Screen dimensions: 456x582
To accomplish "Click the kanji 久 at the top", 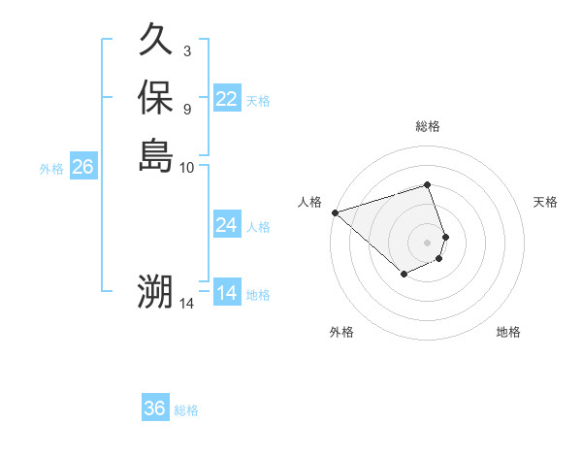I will click(x=156, y=40).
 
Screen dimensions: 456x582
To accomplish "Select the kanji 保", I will click(x=156, y=97).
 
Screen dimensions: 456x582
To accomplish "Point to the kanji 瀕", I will click(x=155, y=291).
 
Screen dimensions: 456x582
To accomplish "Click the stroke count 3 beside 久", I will click(x=186, y=51).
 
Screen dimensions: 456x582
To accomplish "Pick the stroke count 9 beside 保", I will click(x=186, y=109).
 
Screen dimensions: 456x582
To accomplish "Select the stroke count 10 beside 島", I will click(x=187, y=167).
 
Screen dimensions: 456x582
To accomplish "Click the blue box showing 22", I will click(x=227, y=99).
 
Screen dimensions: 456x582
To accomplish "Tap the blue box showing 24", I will click(x=227, y=225).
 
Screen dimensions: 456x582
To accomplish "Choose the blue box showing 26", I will click(x=83, y=167).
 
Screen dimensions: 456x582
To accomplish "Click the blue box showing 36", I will click(x=155, y=408).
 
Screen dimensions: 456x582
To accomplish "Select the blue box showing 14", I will click(x=227, y=293).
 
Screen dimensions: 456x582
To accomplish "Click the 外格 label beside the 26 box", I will click(x=51, y=169).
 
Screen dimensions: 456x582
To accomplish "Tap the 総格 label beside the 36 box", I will click(x=186, y=410).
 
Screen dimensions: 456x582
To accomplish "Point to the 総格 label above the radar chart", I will click(x=428, y=126).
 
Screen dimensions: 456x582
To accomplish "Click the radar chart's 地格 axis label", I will click(x=508, y=332).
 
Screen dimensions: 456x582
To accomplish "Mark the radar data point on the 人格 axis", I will click(x=335, y=212).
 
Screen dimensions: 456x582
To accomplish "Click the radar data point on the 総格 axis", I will click(x=428, y=184).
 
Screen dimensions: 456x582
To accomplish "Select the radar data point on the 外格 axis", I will click(x=404, y=276).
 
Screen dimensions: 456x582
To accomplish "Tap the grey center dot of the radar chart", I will click(x=428, y=242).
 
